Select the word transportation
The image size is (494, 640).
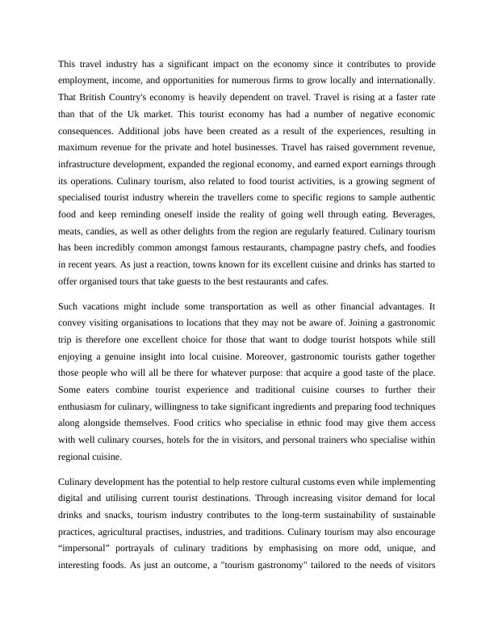pyautogui.click(x=210, y=306)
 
